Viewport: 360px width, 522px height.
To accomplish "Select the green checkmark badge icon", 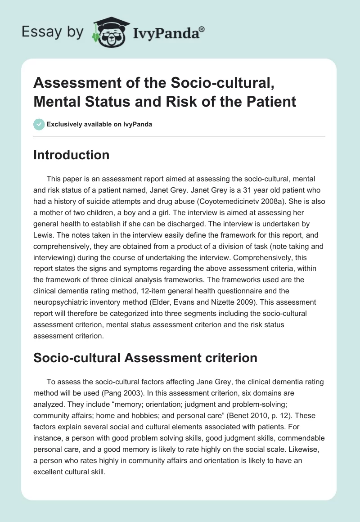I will [x=39, y=124].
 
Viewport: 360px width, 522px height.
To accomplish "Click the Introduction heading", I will [x=71, y=155].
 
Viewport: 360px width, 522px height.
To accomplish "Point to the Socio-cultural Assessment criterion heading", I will [x=145, y=358].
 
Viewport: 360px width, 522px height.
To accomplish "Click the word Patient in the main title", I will [x=273, y=101].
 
